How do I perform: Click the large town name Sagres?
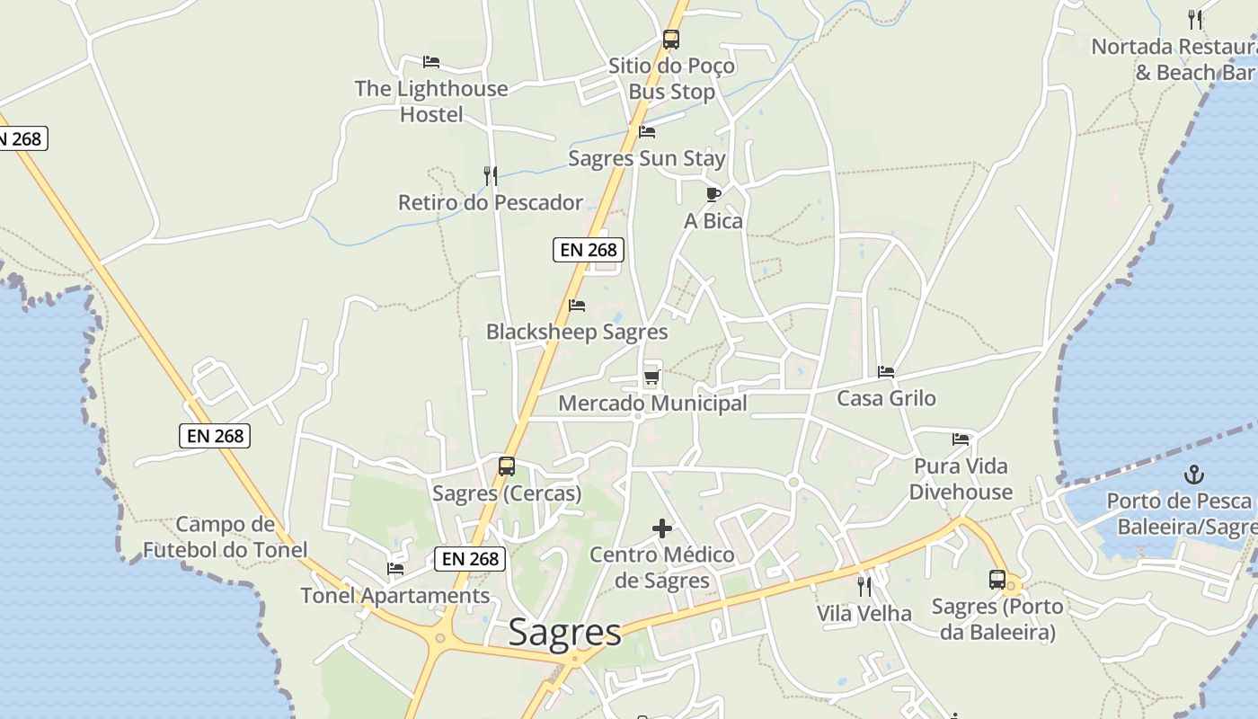564,633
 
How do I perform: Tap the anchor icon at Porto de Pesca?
1194,474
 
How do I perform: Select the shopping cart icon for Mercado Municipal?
652,377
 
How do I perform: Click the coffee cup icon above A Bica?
713,194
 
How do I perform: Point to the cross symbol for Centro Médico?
662,528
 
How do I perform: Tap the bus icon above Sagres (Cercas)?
507,466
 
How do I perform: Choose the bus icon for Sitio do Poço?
671,40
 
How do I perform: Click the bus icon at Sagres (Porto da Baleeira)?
997,580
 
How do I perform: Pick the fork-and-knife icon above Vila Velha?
864,587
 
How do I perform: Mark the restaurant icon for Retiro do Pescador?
491,175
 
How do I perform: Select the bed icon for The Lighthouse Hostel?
431,62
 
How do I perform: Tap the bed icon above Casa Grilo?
886,371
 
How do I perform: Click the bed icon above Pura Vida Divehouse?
961,439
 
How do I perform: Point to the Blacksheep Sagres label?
577,333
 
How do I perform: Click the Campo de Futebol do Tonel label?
225,537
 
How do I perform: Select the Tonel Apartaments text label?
395,596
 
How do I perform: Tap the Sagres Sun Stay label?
647,159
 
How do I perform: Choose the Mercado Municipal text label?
652,404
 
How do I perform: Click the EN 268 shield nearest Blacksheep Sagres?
589,250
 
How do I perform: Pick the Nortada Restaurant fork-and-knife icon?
1195,19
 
